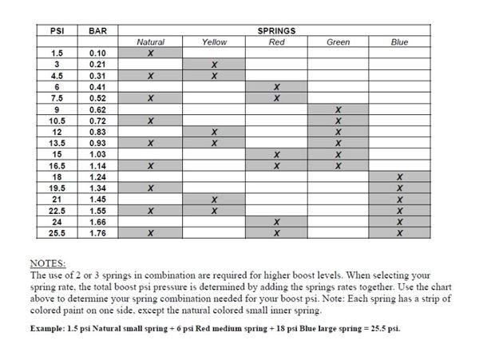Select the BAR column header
coord(98,30)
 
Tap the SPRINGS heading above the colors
coord(276,30)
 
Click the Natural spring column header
coord(151,42)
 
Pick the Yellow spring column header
coord(214,42)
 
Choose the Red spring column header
coord(276,42)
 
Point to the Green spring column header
coord(338,42)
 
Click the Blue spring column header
coord(399,42)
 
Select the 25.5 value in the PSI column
coord(57,233)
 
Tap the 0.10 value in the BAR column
coord(98,53)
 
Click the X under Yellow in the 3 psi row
coord(214,64)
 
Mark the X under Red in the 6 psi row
coord(276,86)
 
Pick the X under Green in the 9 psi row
coord(338,109)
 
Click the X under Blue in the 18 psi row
coord(399,176)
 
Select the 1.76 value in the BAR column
coord(98,233)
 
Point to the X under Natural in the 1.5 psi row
coord(151,53)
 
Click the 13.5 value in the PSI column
coord(57,143)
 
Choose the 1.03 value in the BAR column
coord(98,154)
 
